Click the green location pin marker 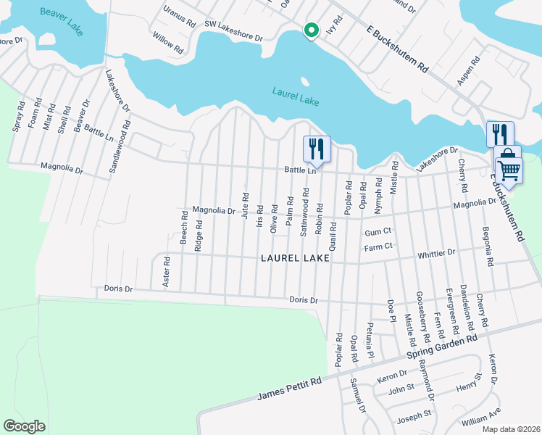[x=312, y=30]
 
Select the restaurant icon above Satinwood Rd [x=316, y=149]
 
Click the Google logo [x=24, y=426]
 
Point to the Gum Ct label [x=378, y=231]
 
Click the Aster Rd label [x=166, y=272]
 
